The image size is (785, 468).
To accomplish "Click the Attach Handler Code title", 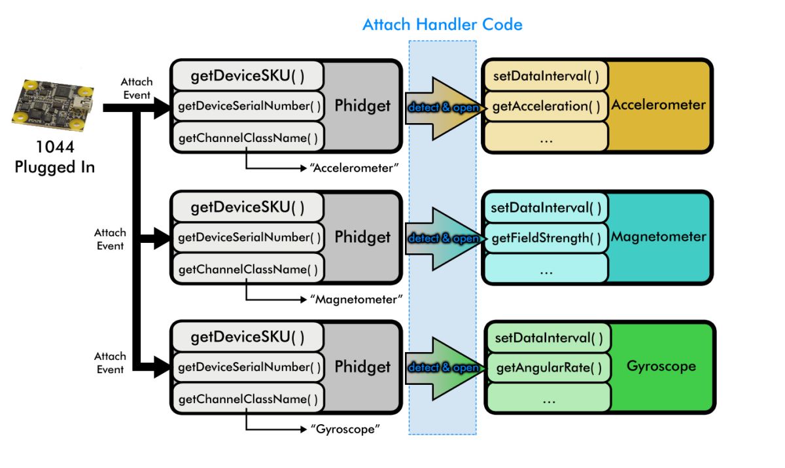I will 442,25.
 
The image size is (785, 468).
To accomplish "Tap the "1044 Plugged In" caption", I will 54,158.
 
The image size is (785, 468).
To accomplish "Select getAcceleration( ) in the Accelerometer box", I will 546,106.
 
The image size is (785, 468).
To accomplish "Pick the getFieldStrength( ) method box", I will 546,238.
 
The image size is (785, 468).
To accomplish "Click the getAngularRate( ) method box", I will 549,368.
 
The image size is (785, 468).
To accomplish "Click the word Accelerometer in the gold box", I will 658,105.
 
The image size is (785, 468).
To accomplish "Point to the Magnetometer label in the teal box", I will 658,236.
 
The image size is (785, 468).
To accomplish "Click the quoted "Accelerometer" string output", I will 354,168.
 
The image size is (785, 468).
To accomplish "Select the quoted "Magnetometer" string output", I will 355,299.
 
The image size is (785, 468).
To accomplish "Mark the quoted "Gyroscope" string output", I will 345,429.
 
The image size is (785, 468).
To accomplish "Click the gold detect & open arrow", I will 443,107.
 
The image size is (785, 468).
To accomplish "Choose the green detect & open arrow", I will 443,368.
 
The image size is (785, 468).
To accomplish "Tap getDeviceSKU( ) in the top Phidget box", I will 247,76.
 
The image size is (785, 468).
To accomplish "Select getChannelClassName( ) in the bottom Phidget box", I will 248,399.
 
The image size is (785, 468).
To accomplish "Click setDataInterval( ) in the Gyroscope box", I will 549,338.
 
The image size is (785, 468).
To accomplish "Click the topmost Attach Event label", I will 137,88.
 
